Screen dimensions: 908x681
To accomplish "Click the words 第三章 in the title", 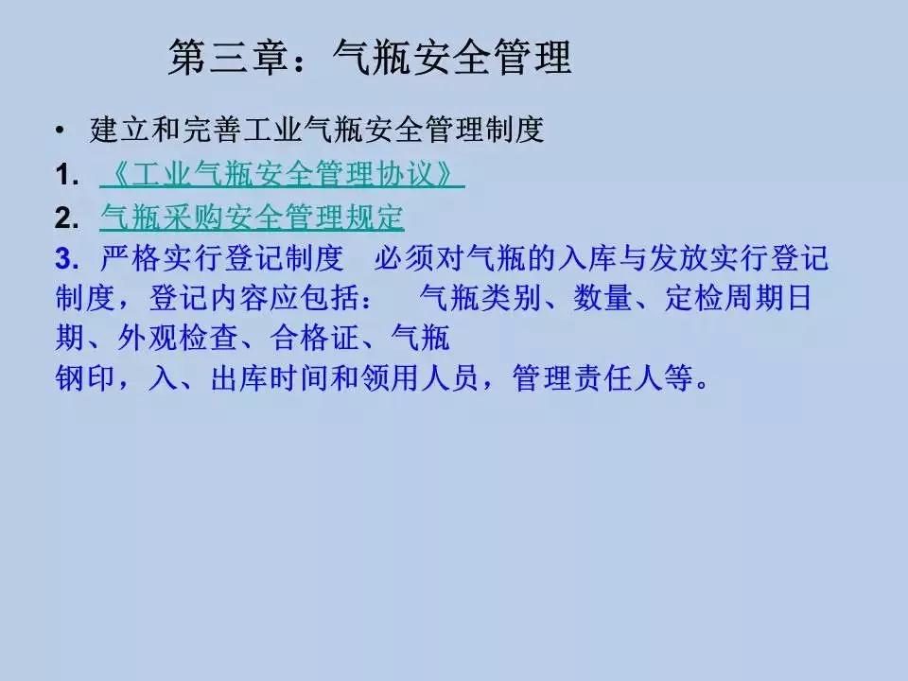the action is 228,58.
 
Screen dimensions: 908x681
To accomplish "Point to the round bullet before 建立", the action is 61,131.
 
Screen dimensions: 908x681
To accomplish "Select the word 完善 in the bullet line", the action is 212,129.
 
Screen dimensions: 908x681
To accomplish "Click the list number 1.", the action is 66,175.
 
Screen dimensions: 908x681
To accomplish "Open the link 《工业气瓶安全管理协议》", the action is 282,174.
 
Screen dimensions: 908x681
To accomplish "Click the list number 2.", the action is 66,218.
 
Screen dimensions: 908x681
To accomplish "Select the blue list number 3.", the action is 66,258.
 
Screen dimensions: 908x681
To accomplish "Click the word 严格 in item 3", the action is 131,257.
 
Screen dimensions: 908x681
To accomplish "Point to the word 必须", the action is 404,257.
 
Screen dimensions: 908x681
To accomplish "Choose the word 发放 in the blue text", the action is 677,257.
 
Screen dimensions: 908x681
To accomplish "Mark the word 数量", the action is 602,298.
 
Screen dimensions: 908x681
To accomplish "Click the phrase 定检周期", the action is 724,298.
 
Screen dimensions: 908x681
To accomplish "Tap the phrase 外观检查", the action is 177,338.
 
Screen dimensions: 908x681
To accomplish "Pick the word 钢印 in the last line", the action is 85,377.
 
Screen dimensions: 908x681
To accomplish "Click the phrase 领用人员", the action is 419,377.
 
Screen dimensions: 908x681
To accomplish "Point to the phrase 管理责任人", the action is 587,377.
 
